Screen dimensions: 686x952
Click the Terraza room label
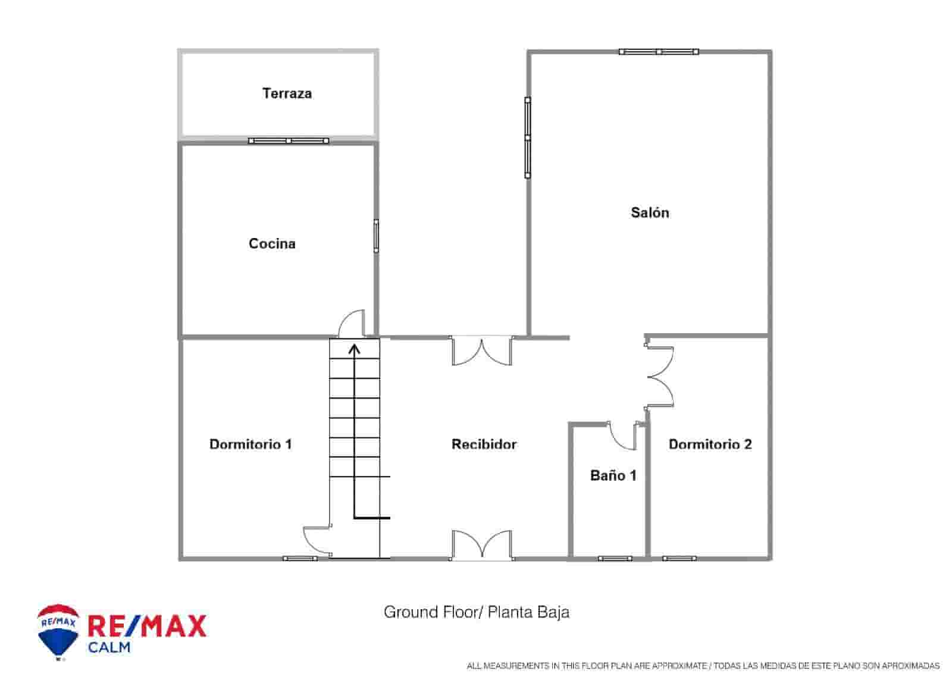[287, 93]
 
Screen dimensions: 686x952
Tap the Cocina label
[272, 243]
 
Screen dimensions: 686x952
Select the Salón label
[650, 212]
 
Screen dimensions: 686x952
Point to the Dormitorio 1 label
[250, 444]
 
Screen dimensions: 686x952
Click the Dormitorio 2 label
[710, 444]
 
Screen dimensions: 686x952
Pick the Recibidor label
[484, 444]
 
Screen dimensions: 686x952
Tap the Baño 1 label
[613, 475]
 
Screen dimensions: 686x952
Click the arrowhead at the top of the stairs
[355, 348]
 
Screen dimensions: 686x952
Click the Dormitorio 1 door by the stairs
[317, 541]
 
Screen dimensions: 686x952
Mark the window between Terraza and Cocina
[289, 141]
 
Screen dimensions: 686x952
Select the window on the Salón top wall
[658, 52]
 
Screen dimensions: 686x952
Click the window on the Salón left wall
[527, 137]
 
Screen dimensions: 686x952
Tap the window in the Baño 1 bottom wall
[615, 559]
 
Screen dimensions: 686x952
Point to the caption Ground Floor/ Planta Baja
[476, 612]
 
